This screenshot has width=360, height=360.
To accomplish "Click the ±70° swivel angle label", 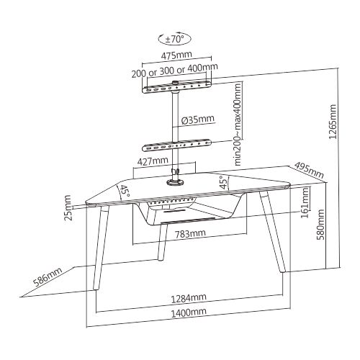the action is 175,39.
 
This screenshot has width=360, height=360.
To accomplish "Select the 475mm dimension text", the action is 176,55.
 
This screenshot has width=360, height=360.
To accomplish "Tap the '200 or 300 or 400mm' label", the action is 175,70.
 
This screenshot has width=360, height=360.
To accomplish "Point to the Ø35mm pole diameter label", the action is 197,120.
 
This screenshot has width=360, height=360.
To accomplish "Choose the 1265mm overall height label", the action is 333,122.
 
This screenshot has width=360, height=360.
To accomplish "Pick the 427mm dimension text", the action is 153,161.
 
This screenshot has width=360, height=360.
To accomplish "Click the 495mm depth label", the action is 309,169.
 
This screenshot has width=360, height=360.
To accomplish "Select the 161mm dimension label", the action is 305,202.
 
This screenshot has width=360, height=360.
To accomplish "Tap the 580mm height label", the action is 320,225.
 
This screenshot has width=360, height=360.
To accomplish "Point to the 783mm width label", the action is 190,233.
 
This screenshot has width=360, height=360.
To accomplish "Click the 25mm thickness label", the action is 68,207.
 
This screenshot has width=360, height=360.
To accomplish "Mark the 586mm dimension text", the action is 48,276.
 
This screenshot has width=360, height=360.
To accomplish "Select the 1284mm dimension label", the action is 189,297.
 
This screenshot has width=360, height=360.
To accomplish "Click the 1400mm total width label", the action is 189,312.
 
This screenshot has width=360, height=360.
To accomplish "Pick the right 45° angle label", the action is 224,182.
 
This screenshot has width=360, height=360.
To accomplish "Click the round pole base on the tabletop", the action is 175,182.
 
